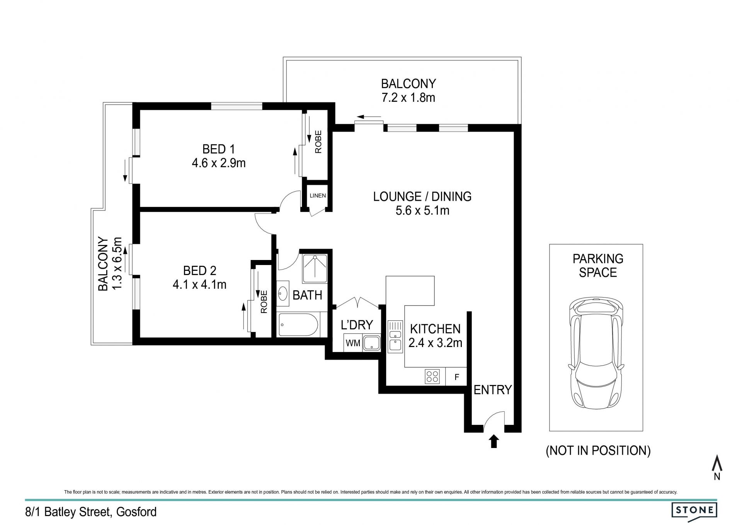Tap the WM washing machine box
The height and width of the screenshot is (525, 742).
(353, 343)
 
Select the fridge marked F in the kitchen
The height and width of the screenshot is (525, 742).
(456, 376)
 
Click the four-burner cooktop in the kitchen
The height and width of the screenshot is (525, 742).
(432, 376)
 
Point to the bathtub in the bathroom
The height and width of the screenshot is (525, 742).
(298, 325)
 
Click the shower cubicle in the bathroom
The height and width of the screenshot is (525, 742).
(315, 268)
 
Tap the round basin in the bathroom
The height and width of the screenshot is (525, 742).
(283, 294)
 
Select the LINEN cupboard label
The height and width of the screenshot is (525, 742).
(318, 195)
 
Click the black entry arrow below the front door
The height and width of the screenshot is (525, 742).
(494, 441)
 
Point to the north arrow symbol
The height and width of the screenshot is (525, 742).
(717, 467)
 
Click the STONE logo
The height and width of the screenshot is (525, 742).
(694, 510)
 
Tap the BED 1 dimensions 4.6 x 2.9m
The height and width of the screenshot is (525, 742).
(219, 163)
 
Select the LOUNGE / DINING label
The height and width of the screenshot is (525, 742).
(422, 197)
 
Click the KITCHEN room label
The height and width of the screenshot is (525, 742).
(435, 329)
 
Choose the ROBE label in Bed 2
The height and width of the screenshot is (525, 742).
(264, 302)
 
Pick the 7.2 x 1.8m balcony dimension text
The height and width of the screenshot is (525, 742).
(408, 97)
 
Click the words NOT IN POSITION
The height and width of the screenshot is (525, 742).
(598, 450)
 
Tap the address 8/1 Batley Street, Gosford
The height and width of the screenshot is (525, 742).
(91, 512)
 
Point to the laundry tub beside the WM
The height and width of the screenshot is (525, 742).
(372, 343)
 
